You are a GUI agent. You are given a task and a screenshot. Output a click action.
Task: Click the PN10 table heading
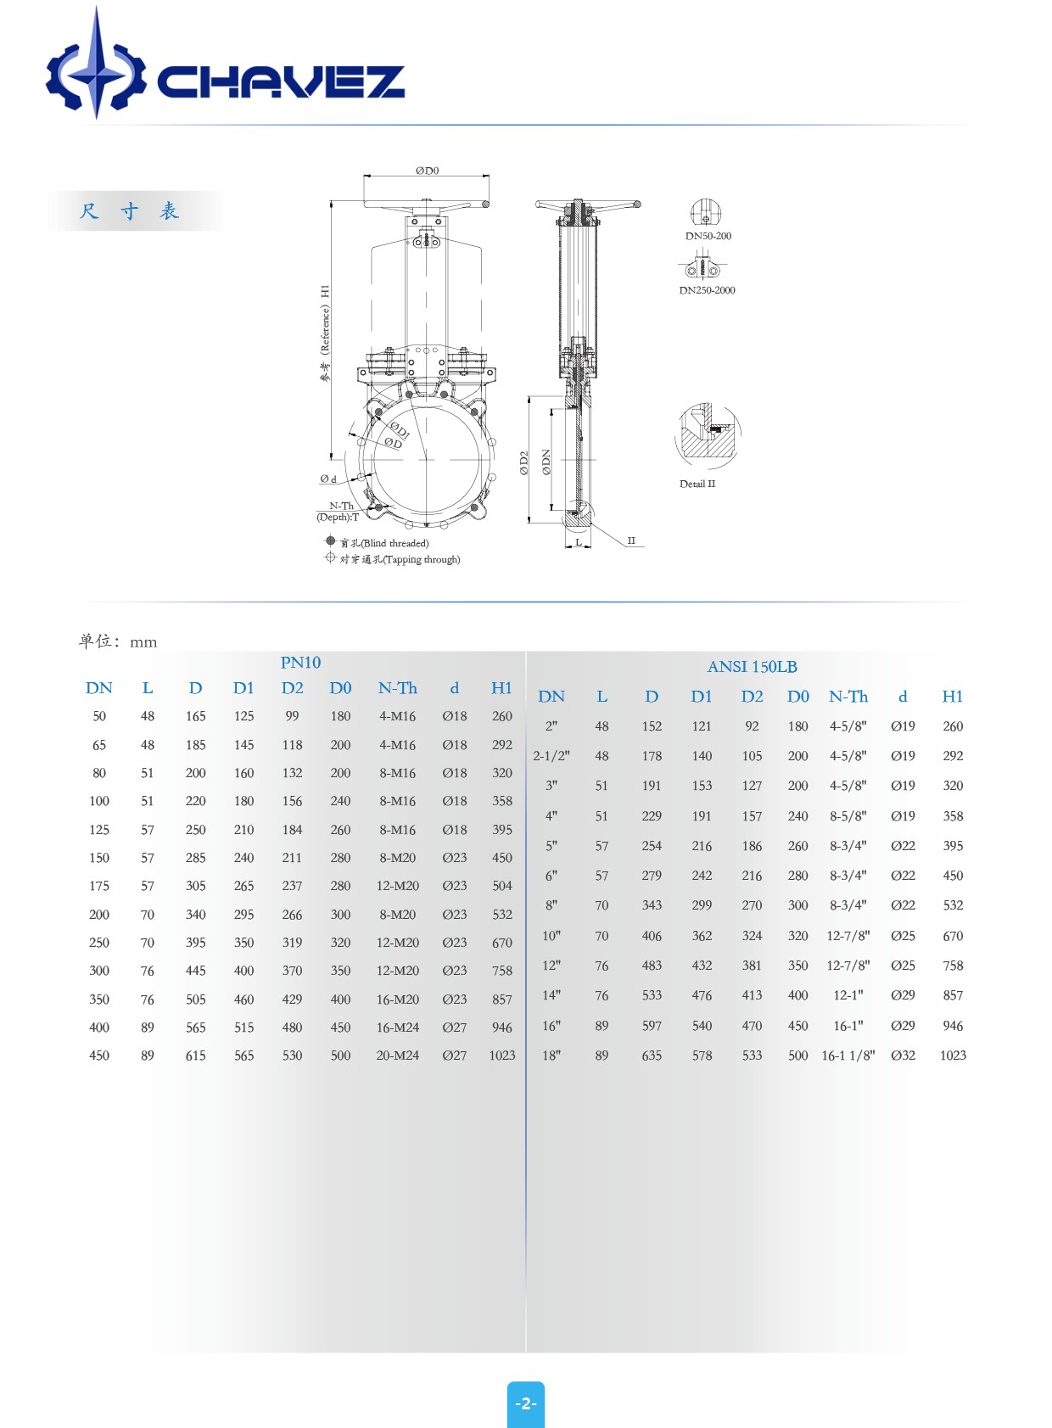pos(300,663)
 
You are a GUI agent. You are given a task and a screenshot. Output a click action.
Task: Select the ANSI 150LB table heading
pos(752,667)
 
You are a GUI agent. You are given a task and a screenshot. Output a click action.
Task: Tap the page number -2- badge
pos(526,1403)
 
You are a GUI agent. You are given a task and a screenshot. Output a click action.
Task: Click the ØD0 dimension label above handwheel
pos(427,171)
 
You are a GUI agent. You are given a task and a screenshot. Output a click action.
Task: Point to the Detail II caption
pos(697,484)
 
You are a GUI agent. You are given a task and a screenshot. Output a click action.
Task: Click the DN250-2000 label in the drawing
pos(707,290)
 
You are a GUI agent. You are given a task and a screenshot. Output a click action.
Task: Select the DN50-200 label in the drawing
pos(708,236)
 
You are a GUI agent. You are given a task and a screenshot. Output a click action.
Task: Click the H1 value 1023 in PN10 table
pos(501,1056)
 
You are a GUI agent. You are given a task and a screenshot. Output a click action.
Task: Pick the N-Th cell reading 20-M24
pos(397,1056)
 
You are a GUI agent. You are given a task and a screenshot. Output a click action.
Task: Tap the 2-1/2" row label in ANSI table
pos(551,756)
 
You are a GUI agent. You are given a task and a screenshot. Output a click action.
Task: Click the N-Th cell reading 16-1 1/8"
pos(848,1056)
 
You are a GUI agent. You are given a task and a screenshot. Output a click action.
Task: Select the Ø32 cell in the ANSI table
pos(903,1056)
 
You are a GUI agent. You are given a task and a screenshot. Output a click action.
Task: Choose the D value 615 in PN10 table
pos(195,1056)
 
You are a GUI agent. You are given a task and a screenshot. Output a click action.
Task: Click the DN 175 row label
pos(99,886)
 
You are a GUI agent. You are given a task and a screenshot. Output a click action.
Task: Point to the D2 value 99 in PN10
pos(292,716)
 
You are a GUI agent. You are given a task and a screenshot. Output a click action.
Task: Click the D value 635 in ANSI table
pos(652,1056)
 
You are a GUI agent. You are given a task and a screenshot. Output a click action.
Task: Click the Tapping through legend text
pos(400,559)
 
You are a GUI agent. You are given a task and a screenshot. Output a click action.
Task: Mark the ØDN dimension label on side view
pos(546,462)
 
